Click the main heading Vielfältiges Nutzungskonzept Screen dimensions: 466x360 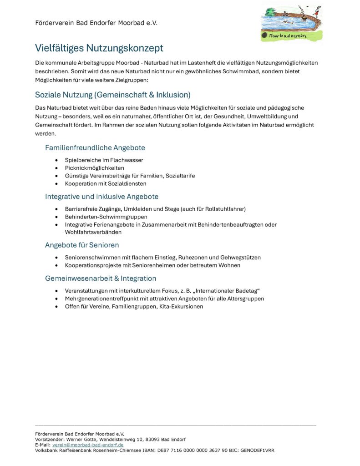point(99,48)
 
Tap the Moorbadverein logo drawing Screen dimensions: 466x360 point(291,22)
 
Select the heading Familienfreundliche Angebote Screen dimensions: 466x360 point(95,148)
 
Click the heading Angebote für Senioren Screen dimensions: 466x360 point(82,245)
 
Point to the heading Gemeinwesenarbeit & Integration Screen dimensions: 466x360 point(100,279)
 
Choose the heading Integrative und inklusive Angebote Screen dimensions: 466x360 point(101,197)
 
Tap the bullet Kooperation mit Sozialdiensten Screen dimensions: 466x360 point(106,183)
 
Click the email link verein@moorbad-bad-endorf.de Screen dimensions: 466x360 point(88,445)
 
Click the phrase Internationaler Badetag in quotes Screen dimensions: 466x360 point(226,291)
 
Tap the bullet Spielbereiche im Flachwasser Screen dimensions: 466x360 point(104,160)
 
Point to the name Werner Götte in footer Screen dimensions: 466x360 point(81,440)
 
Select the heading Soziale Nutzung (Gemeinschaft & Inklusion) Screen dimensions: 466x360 point(112,95)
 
